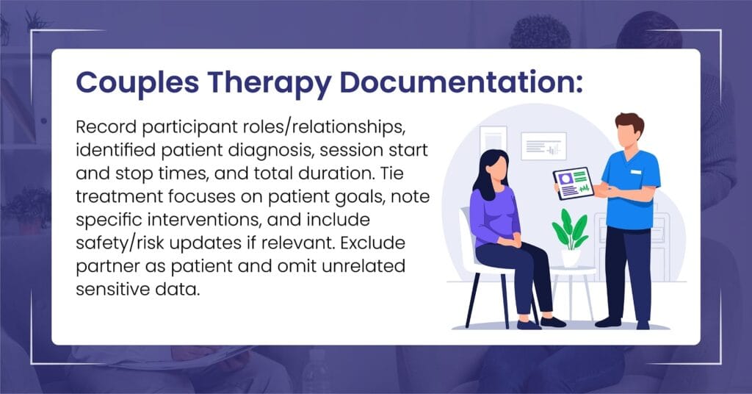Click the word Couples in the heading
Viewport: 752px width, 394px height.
pyautogui.click(x=137, y=82)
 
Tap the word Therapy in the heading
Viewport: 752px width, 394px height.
pyautogui.click(x=270, y=82)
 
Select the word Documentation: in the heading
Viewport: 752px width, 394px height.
pyautogui.click(x=461, y=82)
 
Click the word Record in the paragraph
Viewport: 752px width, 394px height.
pyautogui.click(x=106, y=127)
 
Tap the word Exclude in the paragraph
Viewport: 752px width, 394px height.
pyautogui.click(x=372, y=243)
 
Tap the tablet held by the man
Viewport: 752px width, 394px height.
pyautogui.click(x=574, y=183)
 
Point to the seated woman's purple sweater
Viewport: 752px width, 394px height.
pyautogui.click(x=493, y=215)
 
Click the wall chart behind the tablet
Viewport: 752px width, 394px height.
pyautogui.click(x=544, y=146)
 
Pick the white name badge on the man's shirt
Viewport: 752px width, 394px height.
pyautogui.click(x=636, y=172)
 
